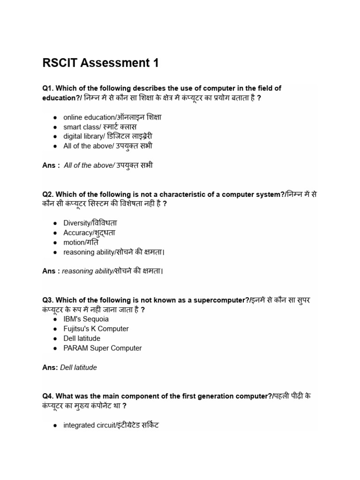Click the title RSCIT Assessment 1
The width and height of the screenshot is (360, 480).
(x=100, y=63)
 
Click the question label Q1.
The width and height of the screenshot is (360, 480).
(x=49, y=88)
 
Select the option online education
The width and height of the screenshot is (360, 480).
(x=112, y=117)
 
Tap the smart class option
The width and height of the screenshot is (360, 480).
(x=100, y=127)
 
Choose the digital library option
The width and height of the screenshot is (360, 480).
(x=108, y=136)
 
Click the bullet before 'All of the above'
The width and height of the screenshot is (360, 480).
(x=55, y=146)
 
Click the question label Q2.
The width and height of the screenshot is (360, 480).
(x=49, y=195)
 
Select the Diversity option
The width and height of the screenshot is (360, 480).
(x=90, y=223)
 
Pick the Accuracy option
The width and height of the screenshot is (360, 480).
(x=89, y=233)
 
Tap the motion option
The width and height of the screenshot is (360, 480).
(x=81, y=242)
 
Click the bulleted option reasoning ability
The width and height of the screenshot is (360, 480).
(x=114, y=252)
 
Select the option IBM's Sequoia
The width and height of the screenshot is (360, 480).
(x=86, y=319)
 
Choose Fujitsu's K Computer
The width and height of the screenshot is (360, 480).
(x=96, y=329)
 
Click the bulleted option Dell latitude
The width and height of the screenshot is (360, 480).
(x=82, y=338)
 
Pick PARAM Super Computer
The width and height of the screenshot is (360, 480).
(x=102, y=348)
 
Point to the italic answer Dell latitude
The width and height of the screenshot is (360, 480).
(x=78, y=367)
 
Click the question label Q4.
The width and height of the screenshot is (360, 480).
(x=49, y=396)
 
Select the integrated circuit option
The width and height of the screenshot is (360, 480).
(x=111, y=426)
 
